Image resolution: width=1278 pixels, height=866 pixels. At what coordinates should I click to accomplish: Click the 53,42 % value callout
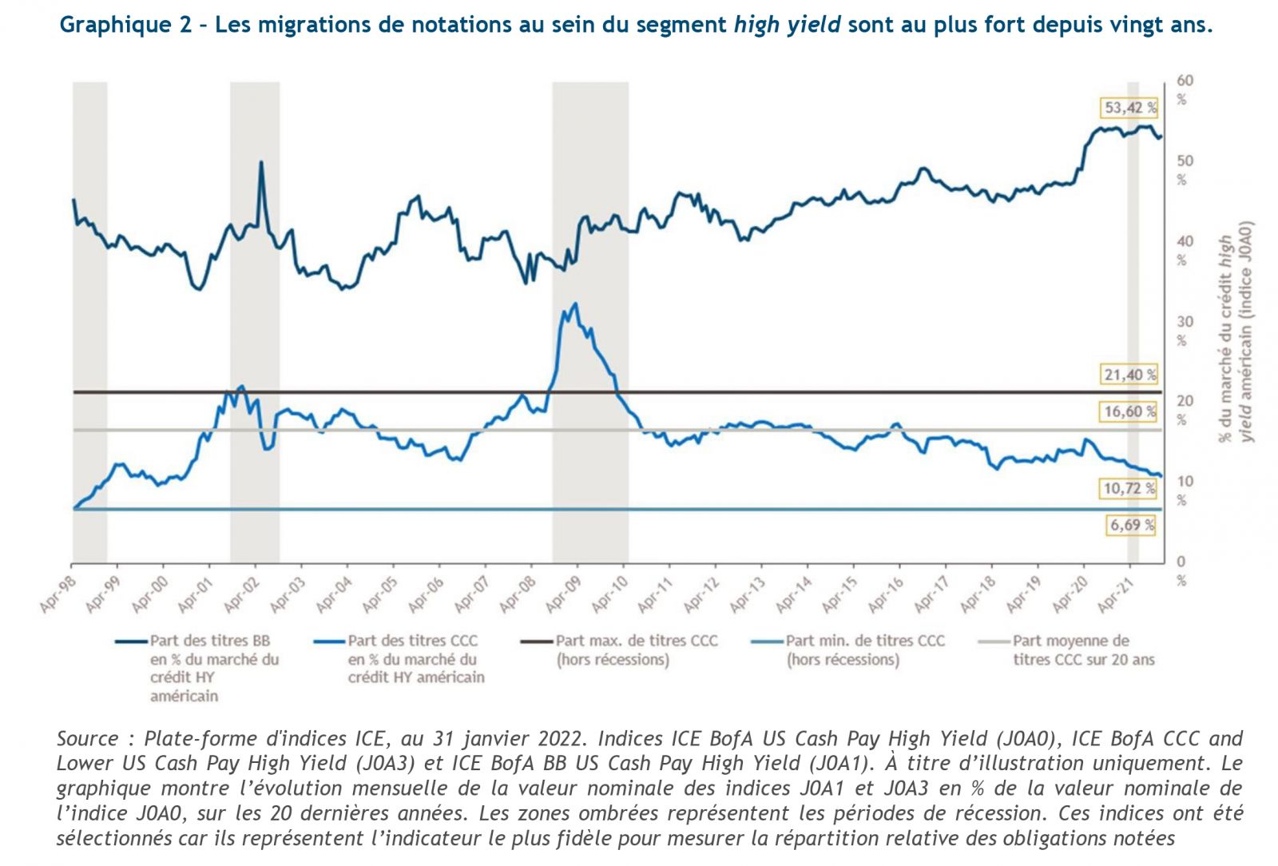coord(1129,107)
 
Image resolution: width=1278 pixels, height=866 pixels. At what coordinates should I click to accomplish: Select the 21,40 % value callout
coord(1129,374)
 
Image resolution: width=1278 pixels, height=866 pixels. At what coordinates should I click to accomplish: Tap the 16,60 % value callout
coord(1129,411)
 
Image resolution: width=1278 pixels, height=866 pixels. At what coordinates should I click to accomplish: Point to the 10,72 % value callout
coord(1129,487)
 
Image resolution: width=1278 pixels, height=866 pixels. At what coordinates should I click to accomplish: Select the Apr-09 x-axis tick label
coord(562,596)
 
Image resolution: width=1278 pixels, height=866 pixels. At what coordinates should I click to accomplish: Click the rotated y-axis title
coord(1235,330)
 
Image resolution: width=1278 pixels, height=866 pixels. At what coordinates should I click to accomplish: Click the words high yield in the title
coord(787,25)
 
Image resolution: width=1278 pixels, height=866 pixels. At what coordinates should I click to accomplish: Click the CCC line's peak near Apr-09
coord(575,304)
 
